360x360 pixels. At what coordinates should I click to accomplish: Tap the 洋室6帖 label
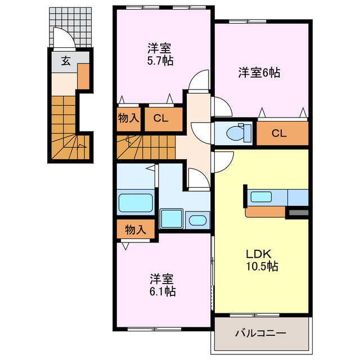259,72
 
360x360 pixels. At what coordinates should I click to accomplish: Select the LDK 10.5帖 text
260,260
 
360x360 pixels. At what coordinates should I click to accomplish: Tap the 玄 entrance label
65,61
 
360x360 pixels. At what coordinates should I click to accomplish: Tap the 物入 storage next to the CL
129,119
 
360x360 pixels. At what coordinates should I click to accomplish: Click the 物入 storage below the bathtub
135,230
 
